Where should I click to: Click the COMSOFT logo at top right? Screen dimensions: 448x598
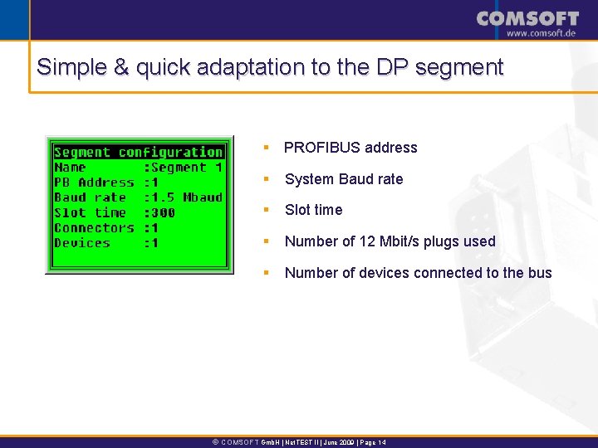tap(527, 17)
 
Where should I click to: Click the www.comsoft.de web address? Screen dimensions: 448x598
tap(541, 33)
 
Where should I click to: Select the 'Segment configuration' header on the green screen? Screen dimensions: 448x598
tap(138, 152)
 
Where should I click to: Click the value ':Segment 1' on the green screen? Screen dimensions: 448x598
tap(184, 167)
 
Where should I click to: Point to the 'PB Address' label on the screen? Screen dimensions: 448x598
tap(93, 182)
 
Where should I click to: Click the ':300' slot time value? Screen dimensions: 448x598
tap(160, 212)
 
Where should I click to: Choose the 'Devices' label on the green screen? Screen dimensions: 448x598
tap(81, 243)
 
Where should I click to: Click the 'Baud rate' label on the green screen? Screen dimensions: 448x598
tap(90, 197)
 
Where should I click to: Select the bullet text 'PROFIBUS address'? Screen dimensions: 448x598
tap(350, 148)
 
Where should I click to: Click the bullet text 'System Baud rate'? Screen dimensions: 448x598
tap(344, 179)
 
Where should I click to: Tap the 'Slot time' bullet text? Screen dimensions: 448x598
tap(313, 210)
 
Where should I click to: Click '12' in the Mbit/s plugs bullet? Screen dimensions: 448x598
tap(368, 241)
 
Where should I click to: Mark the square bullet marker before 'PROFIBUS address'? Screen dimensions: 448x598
tap(266, 148)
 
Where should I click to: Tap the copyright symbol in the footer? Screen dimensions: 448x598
tap(216, 442)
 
